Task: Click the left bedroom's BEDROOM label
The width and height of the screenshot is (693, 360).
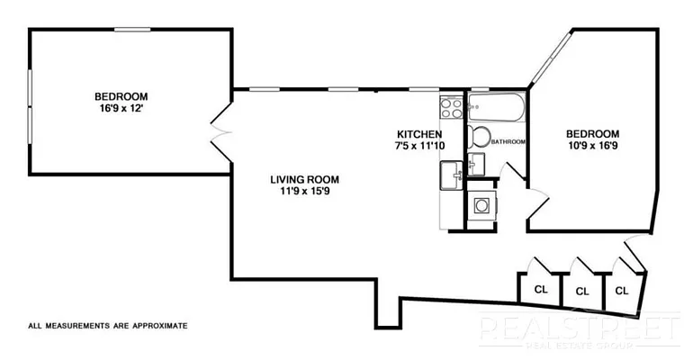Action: point(121,96)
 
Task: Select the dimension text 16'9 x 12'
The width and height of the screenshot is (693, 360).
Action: point(121,109)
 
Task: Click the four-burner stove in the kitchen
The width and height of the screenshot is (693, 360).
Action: point(450,110)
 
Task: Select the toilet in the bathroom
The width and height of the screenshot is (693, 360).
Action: point(480,138)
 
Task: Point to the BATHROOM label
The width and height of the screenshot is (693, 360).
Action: point(508,142)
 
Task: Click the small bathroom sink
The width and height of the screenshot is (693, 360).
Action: point(477,164)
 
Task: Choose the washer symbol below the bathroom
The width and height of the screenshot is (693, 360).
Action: point(481,205)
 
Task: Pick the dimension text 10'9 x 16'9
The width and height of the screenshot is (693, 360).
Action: point(593,146)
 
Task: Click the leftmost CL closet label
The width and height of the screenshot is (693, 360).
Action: point(541,290)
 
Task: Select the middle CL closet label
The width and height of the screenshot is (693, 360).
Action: point(582,292)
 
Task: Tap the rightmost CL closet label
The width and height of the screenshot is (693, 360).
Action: point(621,291)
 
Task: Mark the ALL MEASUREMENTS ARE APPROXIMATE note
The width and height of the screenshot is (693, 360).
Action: point(107,325)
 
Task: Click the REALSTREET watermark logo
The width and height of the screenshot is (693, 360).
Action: point(579,329)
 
